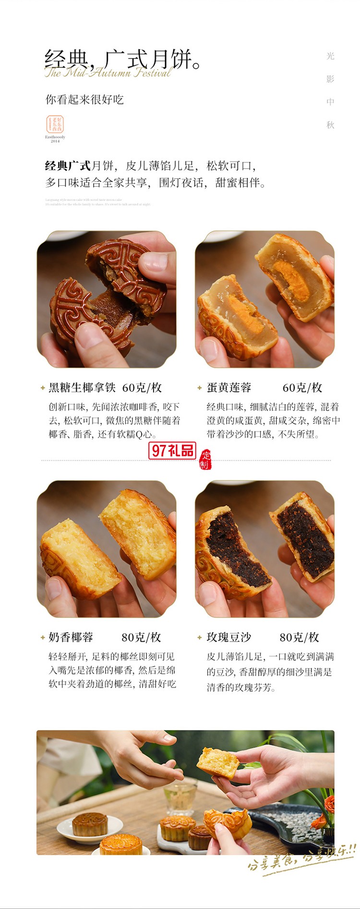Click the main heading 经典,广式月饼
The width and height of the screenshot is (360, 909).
pyautogui.click(x=122, y=59)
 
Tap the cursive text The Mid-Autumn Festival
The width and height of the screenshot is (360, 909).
pyautogui.click(x=108, y=73)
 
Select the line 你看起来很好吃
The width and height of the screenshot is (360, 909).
pyautogui.click(x=84, y=99)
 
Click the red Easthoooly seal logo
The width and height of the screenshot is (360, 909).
pyautogui.click(x=55, y=124)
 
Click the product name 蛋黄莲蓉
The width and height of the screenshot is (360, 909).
pyautogui.click(x=229, y=388)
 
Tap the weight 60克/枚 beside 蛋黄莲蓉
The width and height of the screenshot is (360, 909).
pyautogui.click(x=302, y=388)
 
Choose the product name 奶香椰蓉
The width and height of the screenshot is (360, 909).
pyautogui.click(x=71, y=637)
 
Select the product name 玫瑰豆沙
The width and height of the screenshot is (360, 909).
pyautogui.click(x=229, y=637)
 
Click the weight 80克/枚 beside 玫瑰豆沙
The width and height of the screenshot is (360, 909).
pyautogui.click(x=299, y=637)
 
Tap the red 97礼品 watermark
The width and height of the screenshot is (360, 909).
pyautogui.click(x=172, y=450)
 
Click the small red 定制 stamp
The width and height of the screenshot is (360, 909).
pyautogui.click(x=205, y=460)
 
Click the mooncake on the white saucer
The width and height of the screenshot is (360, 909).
pyautogui.click(x=90, y=824)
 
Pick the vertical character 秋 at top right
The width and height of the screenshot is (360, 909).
pyautogui.click(x=330, y=125)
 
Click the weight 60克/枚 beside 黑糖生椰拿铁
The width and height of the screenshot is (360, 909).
pyautogui.click(x=142, y=388)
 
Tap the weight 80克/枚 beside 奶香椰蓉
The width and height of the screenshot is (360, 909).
pyautogui.click(x=141, y=637)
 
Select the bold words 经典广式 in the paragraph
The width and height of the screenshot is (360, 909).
pyautogui.click(x=68, y=166)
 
